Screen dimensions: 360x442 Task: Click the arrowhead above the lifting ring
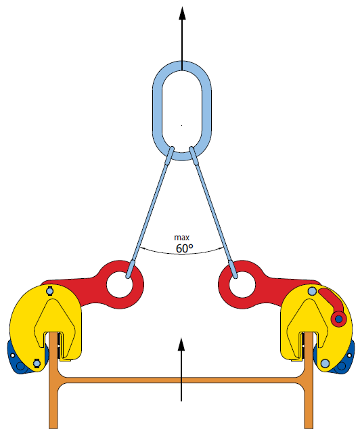coord(182,13)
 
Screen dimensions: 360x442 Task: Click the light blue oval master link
coord(157,110)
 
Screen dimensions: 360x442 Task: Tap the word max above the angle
coord(182,238)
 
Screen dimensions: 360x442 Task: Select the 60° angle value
coord(185,248)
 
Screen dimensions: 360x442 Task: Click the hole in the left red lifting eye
coord(120,284)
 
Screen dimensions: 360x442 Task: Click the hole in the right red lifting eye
coord(242,284)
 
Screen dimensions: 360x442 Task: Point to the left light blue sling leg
coord(150,212)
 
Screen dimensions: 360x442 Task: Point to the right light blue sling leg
coord(213,212)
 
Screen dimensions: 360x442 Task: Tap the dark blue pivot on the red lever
coord(338,319)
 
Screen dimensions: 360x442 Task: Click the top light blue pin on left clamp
coord(50,290)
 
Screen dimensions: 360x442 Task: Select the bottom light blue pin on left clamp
coord(37,363)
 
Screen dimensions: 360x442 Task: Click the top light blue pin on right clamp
coord(312,291)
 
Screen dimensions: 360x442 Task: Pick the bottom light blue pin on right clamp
coord(325,363)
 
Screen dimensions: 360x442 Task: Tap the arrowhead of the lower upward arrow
coord(181,344)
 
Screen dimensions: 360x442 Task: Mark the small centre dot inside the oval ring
coord(181,125)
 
